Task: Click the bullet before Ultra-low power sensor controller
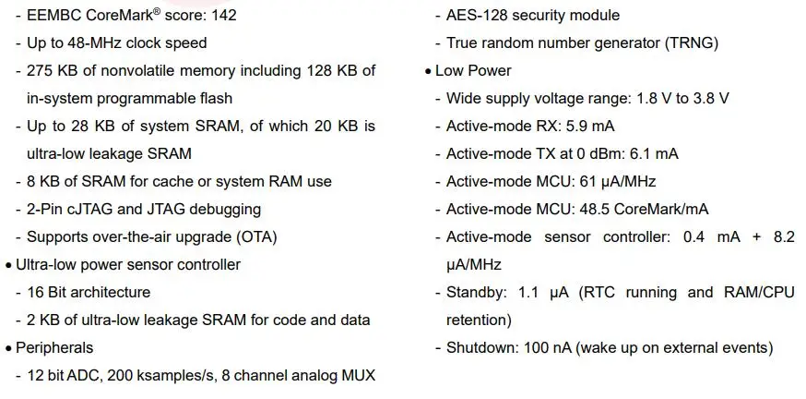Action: [x=8, y=265]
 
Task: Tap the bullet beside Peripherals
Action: [x=8, y=348]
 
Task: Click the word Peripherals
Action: [x=54, y=348]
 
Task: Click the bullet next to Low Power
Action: [x=428, y=71]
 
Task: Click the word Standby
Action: [x=476, y=293]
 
